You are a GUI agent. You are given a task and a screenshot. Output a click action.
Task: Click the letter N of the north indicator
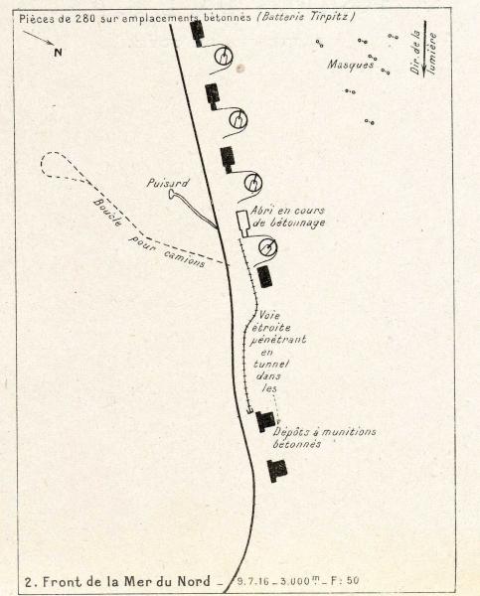[58, 52]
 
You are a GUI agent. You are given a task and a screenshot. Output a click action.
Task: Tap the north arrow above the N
[39, 38]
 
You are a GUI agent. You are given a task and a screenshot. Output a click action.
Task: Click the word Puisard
[168, 183]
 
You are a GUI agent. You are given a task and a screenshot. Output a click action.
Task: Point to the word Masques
[351, 65]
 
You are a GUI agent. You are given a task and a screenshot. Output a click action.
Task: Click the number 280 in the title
[84, 19]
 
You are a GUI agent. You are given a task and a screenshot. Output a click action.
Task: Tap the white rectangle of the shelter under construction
[242, 223]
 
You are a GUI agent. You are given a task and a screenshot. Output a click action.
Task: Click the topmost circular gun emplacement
[223, 57]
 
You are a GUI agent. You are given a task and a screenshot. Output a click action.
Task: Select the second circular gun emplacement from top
[239, 120]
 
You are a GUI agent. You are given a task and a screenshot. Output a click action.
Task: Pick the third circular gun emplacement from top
[252, 183]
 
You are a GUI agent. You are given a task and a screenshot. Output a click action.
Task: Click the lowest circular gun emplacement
[267, 247]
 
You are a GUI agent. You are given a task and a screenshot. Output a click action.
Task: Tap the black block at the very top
[198, 33]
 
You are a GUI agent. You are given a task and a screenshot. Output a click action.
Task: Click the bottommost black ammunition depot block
[277, 471]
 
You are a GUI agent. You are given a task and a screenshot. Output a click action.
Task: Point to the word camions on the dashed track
[185, 258]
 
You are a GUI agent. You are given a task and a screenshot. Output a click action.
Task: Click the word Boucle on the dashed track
[108, 213]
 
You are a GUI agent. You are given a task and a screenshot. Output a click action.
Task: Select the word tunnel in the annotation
[271, 364]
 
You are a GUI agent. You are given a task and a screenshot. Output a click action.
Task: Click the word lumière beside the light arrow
[432, 53]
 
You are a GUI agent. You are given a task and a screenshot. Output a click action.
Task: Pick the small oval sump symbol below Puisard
[171, 195]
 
